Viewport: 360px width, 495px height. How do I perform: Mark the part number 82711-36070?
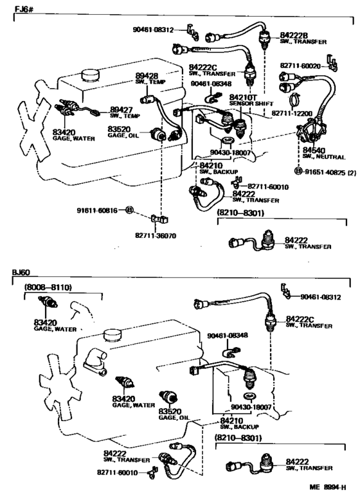(153, 236)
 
